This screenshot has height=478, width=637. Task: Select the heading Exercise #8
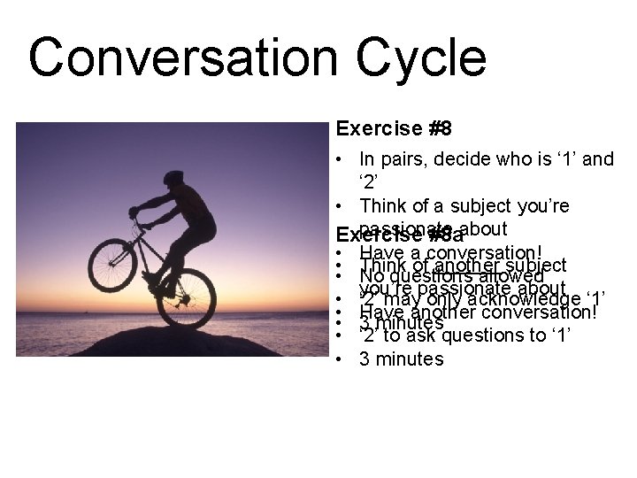[394, 129]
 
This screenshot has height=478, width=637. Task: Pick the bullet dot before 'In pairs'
[342, 160]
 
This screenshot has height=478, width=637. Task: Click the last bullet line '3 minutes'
[400, 358]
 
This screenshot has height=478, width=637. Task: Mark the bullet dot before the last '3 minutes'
[342, 358]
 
